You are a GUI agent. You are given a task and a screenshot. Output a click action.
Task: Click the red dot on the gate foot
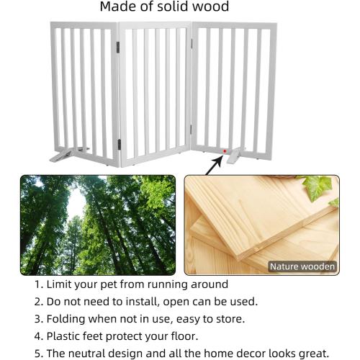224,151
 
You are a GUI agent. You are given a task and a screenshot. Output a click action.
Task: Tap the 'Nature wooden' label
302,266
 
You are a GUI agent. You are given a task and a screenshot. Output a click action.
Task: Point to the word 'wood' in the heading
212,7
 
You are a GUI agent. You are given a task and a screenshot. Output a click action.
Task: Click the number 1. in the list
38,284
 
